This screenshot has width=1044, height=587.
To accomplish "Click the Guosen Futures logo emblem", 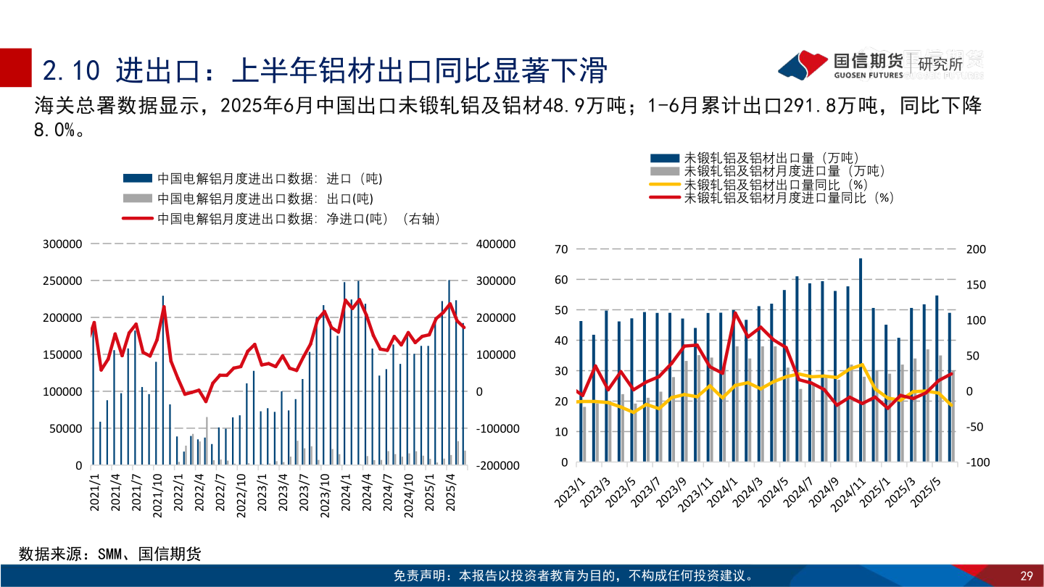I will (803, 65).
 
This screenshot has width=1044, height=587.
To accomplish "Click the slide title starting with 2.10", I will (324, 71).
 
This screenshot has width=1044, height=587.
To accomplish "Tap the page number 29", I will (1026, 576).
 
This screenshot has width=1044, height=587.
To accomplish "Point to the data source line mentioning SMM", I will (110, 554).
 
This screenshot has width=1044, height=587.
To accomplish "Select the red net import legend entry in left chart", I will (281, 219).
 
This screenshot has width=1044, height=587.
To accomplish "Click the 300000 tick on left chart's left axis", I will (62, 244).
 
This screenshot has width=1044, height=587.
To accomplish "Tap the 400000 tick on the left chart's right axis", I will (495, 244).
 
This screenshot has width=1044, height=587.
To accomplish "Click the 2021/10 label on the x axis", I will (157, 493).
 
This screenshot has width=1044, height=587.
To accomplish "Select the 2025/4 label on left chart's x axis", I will (452, 493).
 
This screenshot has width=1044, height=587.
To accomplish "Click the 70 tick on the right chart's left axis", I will (560, 249).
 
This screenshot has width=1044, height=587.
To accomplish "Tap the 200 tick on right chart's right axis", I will (977, 249).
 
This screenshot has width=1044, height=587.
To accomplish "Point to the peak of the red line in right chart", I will (734, 313).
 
